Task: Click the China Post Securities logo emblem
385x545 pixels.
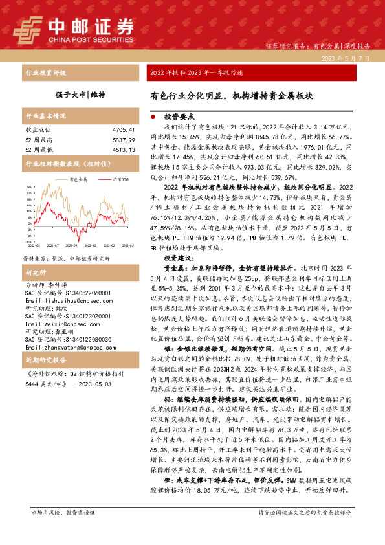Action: click(x=27, y=29)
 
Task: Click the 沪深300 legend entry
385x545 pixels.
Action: click(x=118, y=179)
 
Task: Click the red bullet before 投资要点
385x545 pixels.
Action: click(x=152, y=118)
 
